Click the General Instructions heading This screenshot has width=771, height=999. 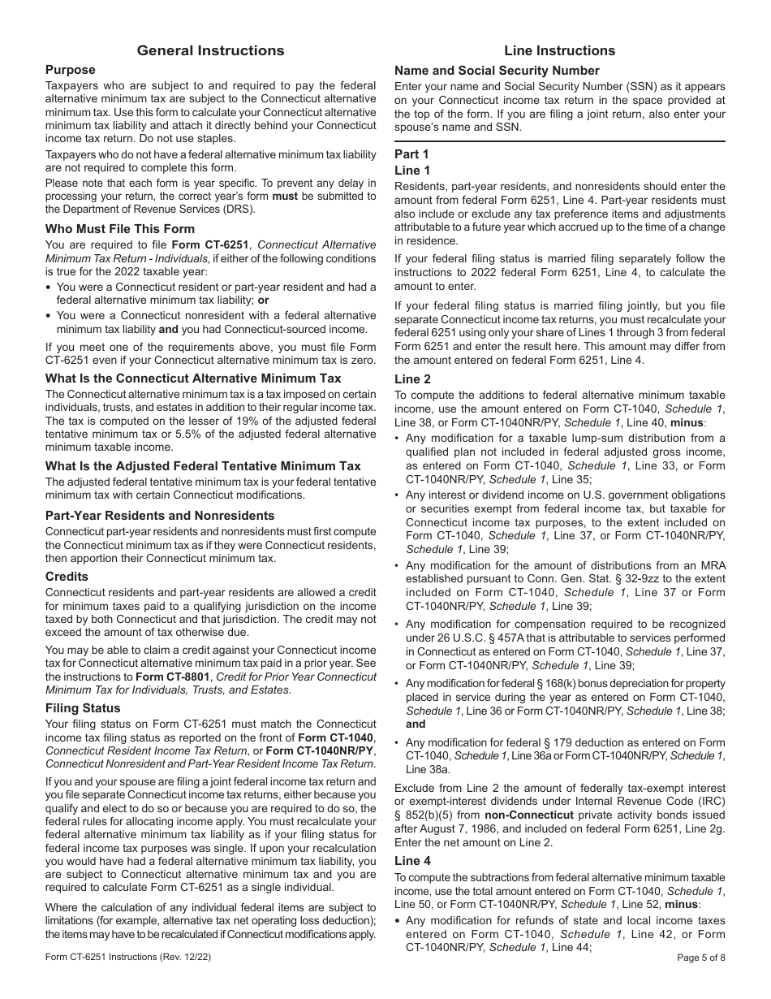coord(210,50)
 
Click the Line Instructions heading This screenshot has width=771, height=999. coord(559,50)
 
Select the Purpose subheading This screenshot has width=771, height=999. coord(71,70)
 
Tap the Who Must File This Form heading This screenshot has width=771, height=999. coord(120,229)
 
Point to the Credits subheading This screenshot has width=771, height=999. coord(67,577)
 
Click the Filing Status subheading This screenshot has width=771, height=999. coord(83,708)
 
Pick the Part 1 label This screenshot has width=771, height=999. coord(411,154)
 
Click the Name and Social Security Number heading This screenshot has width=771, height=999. coord(497,71)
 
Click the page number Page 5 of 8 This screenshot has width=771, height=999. coord(701,958)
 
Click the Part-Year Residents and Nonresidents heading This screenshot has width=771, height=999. coord(160,516)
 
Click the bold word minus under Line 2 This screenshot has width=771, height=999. coord(688,423)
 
